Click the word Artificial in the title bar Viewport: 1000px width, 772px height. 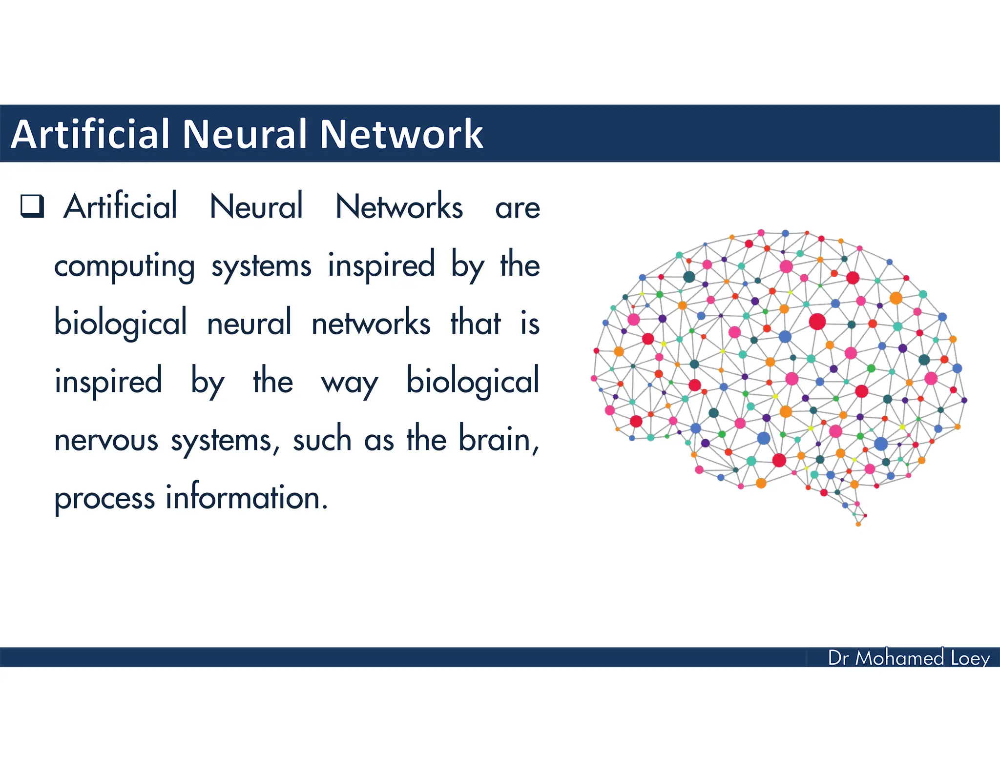90,134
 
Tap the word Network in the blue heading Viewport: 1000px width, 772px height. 401,134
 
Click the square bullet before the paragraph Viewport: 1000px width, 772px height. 32,205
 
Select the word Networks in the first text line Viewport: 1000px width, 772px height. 399,206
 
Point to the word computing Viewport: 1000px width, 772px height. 125,267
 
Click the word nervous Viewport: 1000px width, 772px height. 106,440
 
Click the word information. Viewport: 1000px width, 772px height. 246,498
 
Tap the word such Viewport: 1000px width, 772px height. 322,439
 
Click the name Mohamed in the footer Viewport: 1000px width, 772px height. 899,658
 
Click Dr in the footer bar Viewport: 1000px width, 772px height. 838,658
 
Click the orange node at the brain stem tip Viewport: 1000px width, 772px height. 858,524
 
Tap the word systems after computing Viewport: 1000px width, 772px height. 261,267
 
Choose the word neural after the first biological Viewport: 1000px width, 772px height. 249,323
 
